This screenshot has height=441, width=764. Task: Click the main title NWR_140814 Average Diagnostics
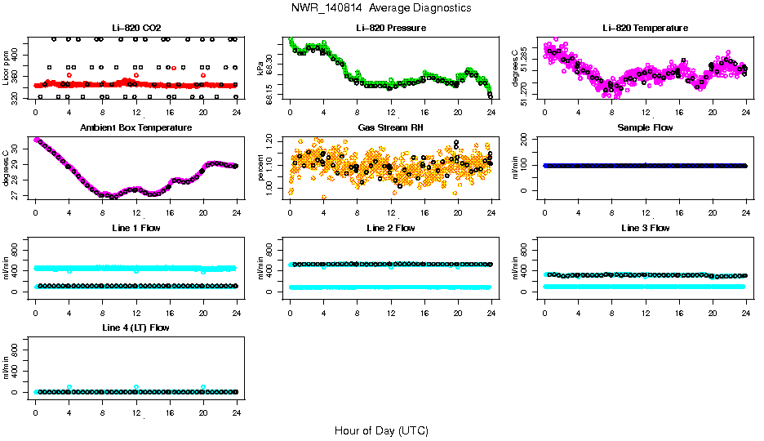coord(381,7)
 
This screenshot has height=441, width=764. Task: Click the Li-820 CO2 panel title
coord(136,28)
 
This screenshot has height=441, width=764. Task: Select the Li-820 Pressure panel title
coord(391,28)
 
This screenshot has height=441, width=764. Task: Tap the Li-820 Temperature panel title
coord(645,28)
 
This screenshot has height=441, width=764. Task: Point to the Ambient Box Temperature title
coord(136,127)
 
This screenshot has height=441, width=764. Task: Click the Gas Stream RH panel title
coord(391,127)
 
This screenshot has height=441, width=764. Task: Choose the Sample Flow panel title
coord(645,127)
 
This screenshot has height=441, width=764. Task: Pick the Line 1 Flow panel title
coord(136,228)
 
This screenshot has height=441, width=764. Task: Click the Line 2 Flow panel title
coord(391,228)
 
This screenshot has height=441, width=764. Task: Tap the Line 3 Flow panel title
coord(645,228)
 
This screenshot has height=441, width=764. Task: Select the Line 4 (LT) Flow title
coord(136,327)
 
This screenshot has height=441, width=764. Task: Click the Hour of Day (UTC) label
coord(381,430)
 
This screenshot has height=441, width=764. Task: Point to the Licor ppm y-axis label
coord(7,68)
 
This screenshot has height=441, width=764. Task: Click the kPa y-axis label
coord(261,68)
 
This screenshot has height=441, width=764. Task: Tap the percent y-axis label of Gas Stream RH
coord(261,167)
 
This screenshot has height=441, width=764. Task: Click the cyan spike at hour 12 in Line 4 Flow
coord(136,387)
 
